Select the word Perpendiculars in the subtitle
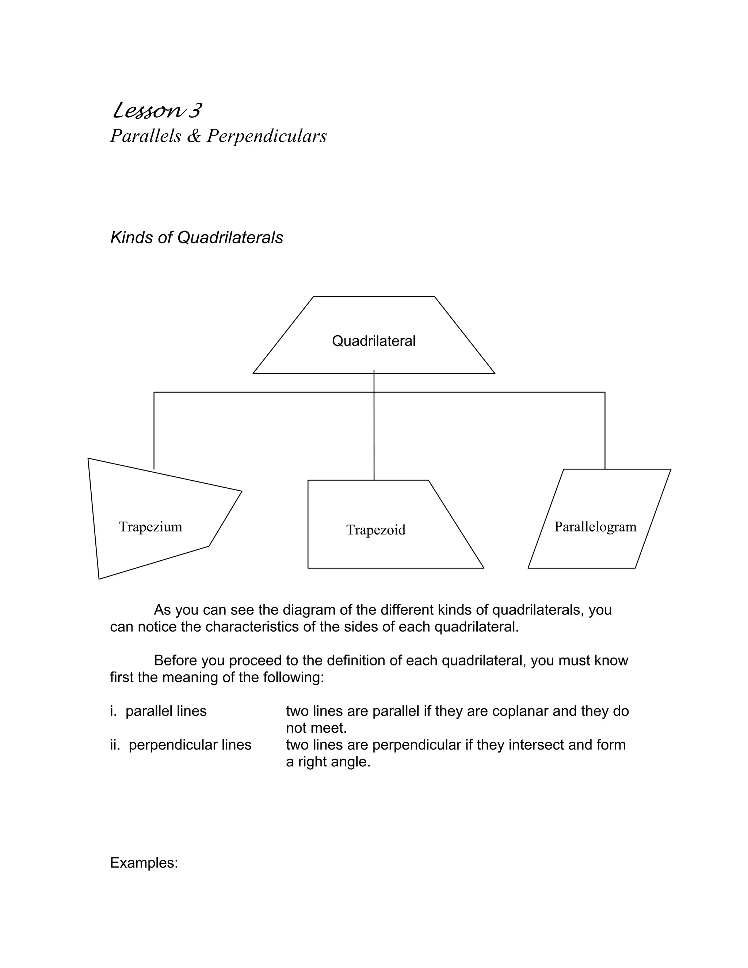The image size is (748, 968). pyautogui.click(x=267, y=136)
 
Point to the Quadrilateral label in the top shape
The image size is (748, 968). pyautogui.click(x=374, y=341)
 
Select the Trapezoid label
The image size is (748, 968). pyautogui.click(x=376, y=530)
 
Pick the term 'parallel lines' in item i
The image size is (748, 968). pyautogui.click(x=166, y=711)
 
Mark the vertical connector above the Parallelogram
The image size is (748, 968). pyautogui.click(x=605, y=430)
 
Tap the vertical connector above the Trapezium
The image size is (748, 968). pyautogui.click(x=154, y=430)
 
